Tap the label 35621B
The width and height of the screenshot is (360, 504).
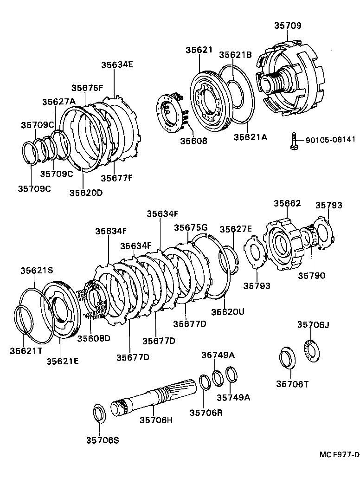click(x=235, y=55)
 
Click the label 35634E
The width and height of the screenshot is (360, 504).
click(x=117, y=65)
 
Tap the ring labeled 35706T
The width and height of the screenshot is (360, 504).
click(x=286, y=358)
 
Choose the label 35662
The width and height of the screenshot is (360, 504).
click(x=287, y=203)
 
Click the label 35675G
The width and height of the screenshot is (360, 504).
click(x=191, y=227)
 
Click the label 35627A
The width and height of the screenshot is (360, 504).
click(x=58, y=102)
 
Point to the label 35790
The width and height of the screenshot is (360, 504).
click(x=311, y=275)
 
